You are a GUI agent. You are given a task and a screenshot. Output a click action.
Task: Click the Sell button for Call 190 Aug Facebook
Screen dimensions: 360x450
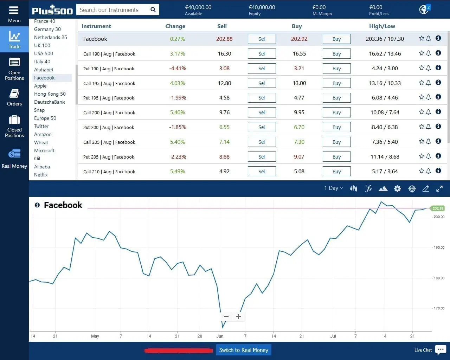(262, 54)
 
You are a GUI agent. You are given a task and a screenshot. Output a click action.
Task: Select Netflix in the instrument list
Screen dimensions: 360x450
(41, 175)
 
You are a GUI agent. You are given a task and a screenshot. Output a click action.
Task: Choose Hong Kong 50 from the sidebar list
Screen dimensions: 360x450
(50, 94)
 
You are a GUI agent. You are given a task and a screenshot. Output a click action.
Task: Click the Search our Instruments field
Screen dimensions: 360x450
(112, 10)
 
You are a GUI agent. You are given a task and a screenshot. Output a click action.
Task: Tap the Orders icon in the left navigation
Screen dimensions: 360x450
(14, 97)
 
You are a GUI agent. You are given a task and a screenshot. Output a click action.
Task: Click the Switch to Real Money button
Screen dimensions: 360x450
(243, 350)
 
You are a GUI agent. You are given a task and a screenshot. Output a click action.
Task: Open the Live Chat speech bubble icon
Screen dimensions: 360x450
(441, 349)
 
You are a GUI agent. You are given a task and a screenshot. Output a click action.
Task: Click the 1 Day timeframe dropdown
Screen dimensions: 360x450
(333, 188)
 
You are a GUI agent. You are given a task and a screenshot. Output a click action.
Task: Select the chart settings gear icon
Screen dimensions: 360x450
(397, 189)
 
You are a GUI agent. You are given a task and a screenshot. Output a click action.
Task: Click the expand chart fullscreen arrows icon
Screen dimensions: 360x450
(439, 189)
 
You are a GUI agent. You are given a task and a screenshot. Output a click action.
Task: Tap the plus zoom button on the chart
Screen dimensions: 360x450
(238, 316)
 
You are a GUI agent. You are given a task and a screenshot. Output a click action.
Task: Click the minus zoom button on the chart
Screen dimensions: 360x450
(226, 316)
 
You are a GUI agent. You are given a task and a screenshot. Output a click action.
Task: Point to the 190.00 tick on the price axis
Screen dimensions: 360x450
(439, 247)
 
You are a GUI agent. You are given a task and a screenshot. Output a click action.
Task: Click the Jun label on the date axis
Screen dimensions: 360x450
(220, 336)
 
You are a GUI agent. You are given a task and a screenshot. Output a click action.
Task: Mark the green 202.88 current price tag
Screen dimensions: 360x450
(438, 208)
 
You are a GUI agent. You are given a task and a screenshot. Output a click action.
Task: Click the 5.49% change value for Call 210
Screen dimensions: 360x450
(177, 172)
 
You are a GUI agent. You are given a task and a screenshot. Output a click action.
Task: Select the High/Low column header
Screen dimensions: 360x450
(382, 26)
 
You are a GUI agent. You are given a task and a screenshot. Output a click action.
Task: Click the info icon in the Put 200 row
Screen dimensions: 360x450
(438, 127)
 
